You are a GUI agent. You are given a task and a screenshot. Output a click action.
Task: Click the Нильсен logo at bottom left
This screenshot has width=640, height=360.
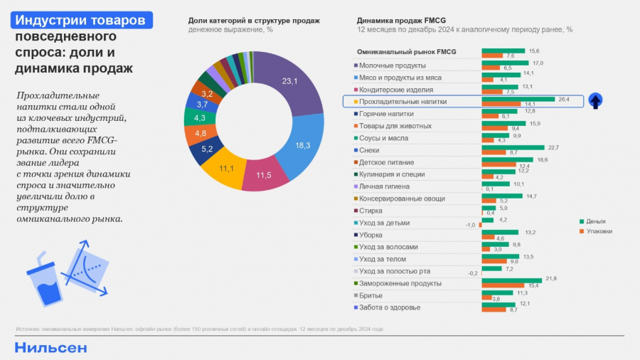pyautogui.click(x=50, y=347)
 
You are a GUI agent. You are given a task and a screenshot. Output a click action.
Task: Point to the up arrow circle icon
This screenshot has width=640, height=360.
pyautogui.click(x=596, y=101)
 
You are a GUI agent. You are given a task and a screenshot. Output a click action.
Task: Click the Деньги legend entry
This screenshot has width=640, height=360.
pyautogui.click(x=594, y=221)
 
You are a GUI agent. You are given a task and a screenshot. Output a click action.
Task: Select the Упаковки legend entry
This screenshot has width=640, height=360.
pyautogui.click(x=596, y=231)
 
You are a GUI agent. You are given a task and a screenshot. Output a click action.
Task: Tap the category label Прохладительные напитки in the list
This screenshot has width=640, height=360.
pyautogui.click(x=403, y=102)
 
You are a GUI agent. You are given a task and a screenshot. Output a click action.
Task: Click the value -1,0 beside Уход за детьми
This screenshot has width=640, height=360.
pyautogui.click(x=470, y=225)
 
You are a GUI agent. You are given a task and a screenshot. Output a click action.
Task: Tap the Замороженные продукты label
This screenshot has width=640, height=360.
pyautogui.click(x=400, y=283)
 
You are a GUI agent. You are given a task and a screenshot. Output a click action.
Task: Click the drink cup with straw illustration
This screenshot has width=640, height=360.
pyautogui.click(x=45, y=281)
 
